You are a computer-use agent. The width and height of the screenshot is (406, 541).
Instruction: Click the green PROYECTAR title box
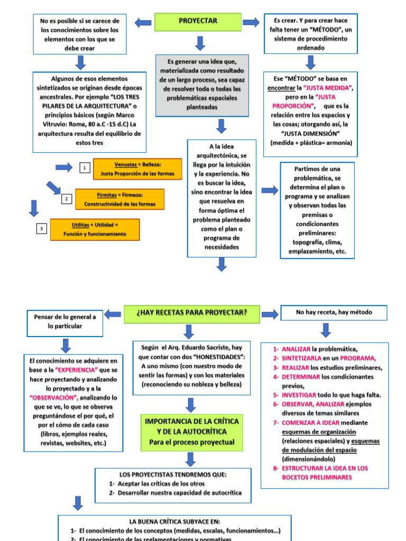point(198,22)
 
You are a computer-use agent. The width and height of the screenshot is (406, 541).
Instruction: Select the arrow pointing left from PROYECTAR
point(143,22)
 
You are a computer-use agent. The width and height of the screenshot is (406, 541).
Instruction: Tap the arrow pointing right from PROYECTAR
point(251,22)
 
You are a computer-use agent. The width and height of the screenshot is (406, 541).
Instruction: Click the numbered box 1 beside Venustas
point(84,168)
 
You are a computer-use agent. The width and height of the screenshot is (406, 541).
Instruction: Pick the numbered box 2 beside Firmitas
point(66,199)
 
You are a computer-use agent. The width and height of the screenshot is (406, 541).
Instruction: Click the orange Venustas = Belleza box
point(137,169)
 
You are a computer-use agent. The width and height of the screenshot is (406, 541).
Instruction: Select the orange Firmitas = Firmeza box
point(119,199)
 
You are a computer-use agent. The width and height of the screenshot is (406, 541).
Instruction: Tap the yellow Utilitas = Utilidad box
point(95,229)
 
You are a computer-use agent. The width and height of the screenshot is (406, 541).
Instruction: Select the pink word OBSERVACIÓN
point(54,397)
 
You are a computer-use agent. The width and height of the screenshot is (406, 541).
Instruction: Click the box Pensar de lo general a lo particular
point(65,322)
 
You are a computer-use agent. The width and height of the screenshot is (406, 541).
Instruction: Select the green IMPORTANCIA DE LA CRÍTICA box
point(191,431)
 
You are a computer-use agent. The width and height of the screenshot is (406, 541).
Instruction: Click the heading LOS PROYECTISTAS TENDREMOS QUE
point(173,474)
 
